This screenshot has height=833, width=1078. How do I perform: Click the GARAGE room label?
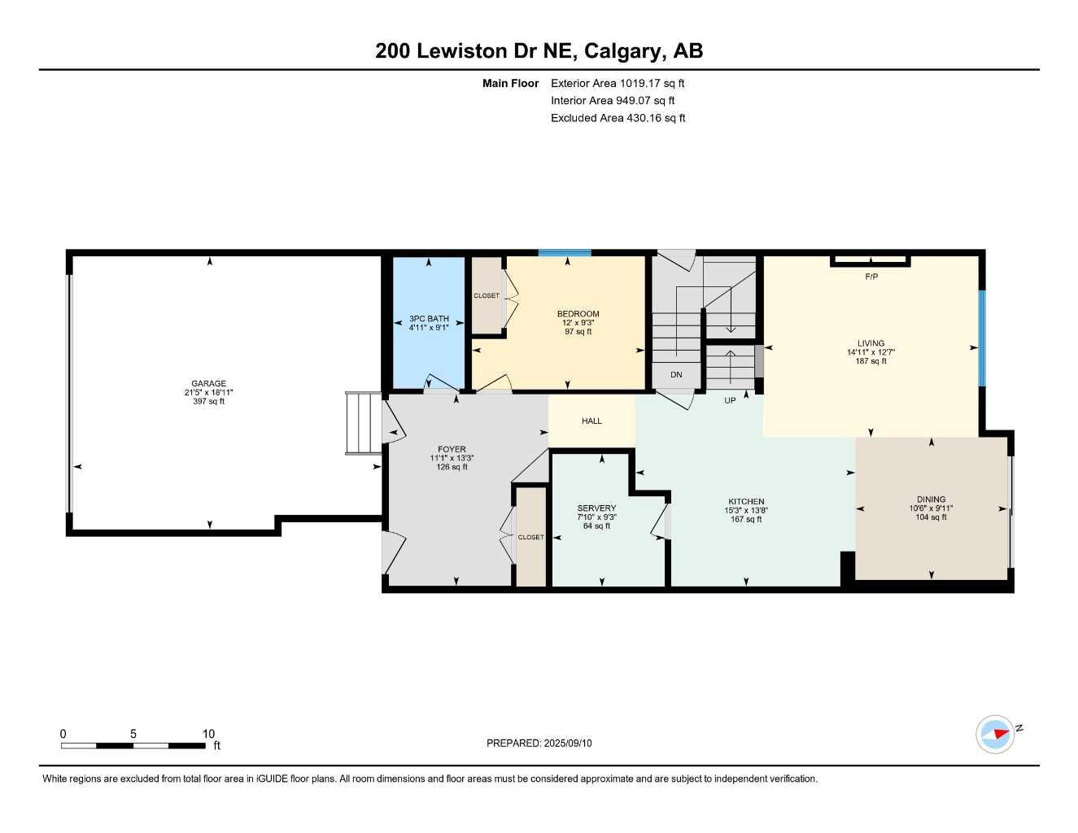tap(209, 384)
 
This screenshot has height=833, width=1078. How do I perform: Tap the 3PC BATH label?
tap(429, 319)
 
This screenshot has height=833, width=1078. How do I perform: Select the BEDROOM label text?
tap(578, 314)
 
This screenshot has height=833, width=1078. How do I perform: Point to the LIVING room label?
tap(871, 343)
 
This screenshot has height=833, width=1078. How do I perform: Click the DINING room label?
tap(931, 499)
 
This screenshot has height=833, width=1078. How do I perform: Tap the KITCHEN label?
tap(746, 502)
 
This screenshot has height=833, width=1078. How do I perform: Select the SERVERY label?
tap(596, 508)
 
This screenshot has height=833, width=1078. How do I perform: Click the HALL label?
tap(591, 421)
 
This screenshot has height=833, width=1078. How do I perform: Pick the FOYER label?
tap(452, 449)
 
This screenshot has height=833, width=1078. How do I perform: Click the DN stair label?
tap(676, 375)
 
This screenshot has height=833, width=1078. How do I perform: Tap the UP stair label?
tap(730, 400)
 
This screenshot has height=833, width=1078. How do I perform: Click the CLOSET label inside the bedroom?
tap(487, 296)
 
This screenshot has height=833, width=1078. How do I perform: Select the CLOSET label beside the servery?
tap(531, 537)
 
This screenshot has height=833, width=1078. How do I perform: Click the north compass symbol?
tap(995, 735)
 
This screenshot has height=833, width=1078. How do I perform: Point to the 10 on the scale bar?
tap(208, 734)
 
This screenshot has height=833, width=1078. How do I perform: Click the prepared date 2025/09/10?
tap(570, 743)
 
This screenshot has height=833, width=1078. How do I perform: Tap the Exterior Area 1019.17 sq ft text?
tap(618, 83)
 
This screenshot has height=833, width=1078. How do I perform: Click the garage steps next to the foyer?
tap(363, 423)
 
